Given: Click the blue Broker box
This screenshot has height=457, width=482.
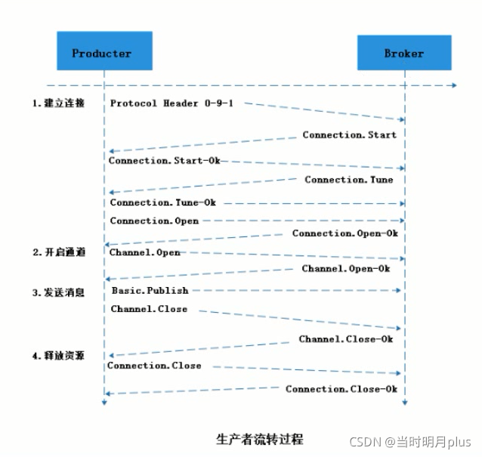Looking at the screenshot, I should coord(403,53).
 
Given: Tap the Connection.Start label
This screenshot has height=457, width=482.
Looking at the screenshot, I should coord(349,135).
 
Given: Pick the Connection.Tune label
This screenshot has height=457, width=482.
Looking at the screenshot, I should coord(348,180).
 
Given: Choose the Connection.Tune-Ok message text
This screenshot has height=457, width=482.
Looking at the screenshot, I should coord(162,202).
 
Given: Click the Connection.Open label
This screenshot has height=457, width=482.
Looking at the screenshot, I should coord(154,221).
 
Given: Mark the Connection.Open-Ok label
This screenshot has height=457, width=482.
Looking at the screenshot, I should coord(345,233).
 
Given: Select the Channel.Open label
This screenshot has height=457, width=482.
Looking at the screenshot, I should coord(144,252).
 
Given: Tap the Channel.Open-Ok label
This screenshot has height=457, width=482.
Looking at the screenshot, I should coord(346,268).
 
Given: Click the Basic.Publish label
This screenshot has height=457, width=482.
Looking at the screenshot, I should coord(150,290).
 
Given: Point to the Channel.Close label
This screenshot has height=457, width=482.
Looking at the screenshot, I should coord(149,309).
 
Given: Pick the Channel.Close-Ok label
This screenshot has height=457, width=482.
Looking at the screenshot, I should coord(345,339).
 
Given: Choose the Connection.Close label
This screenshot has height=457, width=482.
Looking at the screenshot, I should coord(154,366).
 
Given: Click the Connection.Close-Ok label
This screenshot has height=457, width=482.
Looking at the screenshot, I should coord(341,389).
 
